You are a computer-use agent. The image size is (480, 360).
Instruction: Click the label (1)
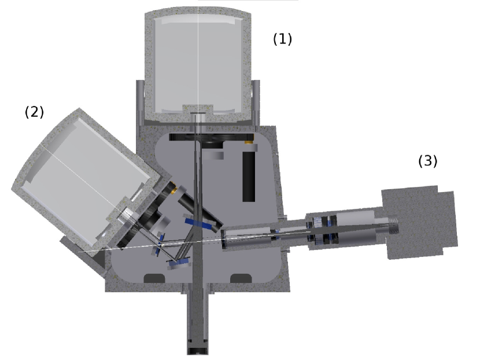click(x=282, y=39)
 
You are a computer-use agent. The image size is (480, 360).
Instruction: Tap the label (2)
click(x=34, y=112)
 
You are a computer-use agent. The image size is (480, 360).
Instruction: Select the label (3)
click(x=427, y=161)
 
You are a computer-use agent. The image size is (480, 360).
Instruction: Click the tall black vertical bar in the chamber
click(x=249, y=176)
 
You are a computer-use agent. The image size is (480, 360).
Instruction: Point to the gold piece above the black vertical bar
click(x=249, y=142)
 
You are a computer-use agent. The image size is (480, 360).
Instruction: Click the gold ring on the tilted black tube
click(x=173, y=188)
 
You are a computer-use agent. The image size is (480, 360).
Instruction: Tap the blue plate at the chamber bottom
click(x=179, y=263)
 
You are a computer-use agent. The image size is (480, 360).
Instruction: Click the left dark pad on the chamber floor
click(x=154, y=278)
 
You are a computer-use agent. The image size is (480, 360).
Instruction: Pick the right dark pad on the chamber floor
click(x=241, y=278)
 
